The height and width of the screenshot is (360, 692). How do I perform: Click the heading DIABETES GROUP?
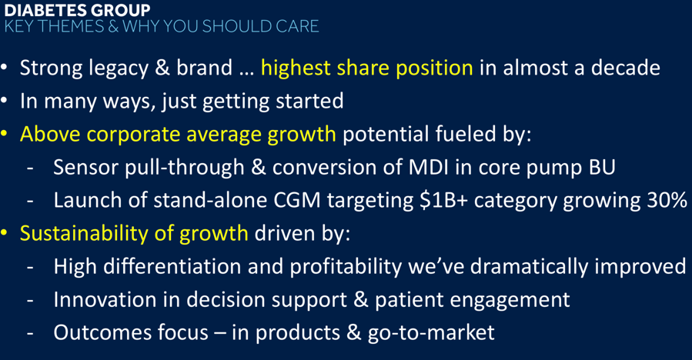coord(77,10)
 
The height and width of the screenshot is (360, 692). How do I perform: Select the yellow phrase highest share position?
coord(366,68)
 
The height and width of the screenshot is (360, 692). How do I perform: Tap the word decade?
coord(625,68)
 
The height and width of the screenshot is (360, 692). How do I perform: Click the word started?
coord(309,101)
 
